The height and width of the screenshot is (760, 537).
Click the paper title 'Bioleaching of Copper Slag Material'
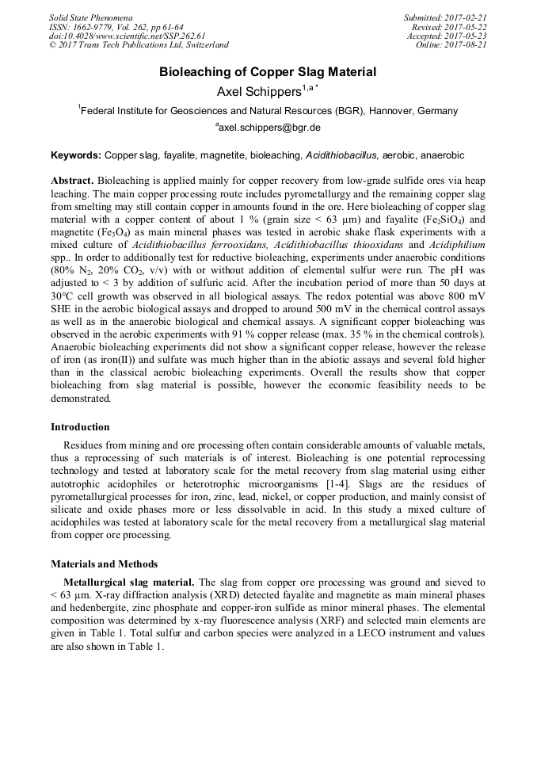(268, 72)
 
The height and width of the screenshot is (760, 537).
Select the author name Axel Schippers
(253, 92)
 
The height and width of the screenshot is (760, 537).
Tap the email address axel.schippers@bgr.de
(268, 128)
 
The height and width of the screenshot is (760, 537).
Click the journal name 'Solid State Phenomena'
(90, 17)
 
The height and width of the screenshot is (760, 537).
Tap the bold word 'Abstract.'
(73, 181)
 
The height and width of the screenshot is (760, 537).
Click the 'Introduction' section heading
(80, 427)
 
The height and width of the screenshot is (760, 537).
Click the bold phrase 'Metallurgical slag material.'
(125, 582)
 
